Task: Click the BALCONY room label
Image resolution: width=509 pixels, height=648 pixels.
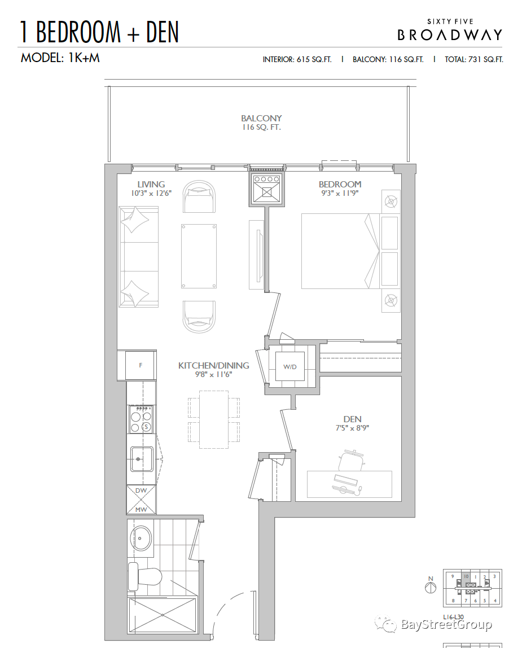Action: (x=261, y=118)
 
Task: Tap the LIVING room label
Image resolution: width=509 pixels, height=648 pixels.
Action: (x=151, y=185)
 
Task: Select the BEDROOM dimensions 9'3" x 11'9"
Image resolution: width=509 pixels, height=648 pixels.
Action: (x=340, y=193)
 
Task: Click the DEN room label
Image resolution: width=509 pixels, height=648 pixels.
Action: (x=353, y=419)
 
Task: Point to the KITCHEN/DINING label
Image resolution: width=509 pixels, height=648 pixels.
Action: (x=214, y=365)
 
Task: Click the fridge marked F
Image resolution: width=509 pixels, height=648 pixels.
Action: (x=141, y=365)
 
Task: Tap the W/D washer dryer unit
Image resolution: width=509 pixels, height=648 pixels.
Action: (x=290, y=366)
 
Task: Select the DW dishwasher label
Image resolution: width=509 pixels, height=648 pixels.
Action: (x=141, y=491)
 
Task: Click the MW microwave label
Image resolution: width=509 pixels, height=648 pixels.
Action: (x=141, y=510)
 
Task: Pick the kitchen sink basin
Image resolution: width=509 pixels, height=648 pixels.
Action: (x=142, y=459)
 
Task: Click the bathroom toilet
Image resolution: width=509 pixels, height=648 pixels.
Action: (x=144, y=576)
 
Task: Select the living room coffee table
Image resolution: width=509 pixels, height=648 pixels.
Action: (x=199, y=256)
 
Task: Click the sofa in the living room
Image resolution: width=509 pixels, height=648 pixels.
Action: (x=138, y=257)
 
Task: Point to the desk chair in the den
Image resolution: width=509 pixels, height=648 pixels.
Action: (x=351, y=461)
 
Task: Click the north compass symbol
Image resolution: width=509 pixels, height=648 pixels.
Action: (x=431, y=587)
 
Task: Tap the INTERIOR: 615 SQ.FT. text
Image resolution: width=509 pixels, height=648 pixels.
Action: (x=297, y=59)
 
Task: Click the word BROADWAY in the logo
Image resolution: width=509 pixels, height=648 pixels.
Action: (x=450, y=35)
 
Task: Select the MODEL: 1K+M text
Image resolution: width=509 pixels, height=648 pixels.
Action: (x=60, y=58)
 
